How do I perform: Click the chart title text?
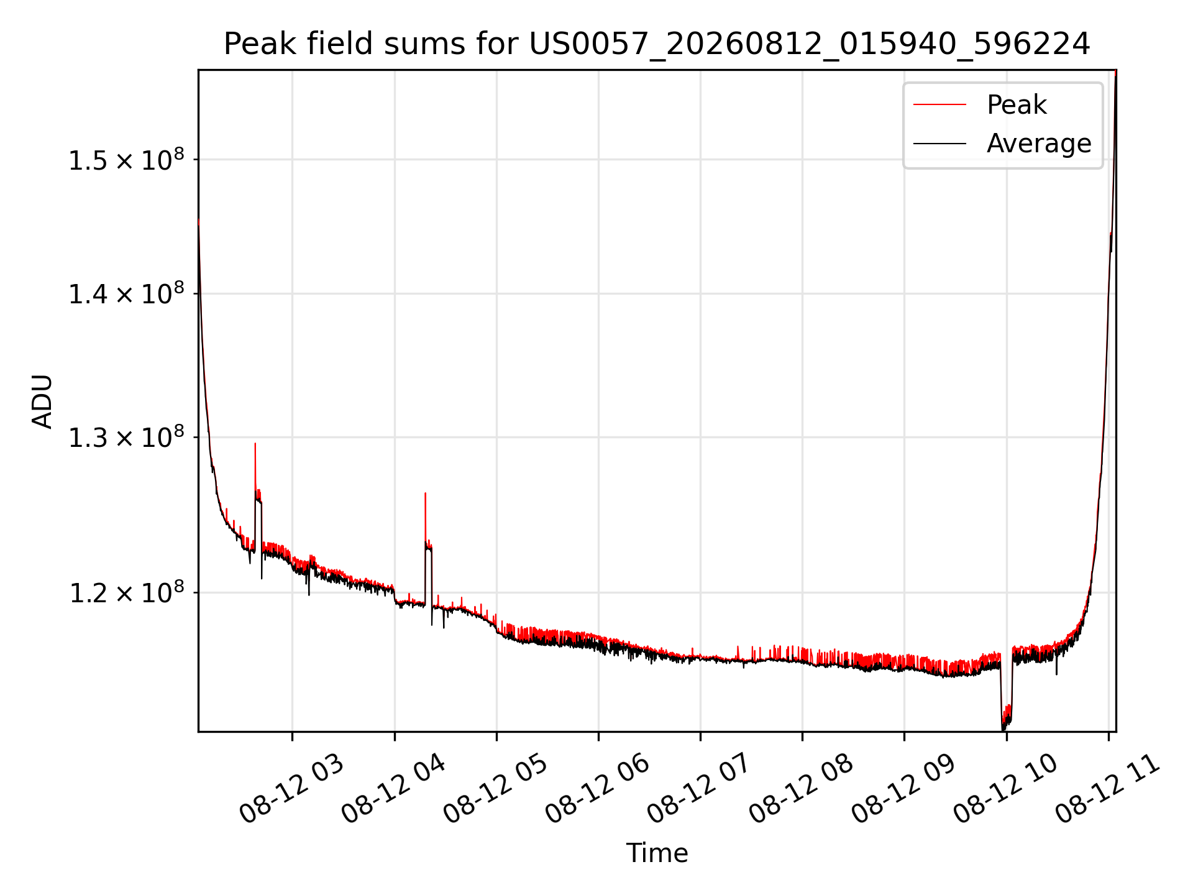[x=657, y=44]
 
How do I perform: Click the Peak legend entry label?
[x=1017, y=105]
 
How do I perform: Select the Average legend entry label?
[x=1039, y=144]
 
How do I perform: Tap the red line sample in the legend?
[x=939, y=105]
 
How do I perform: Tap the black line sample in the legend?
[x=939, y=144]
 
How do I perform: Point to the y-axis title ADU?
[x=43, y=401]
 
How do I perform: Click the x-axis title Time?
[x=657, y=853]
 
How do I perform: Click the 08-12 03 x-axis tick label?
[x=291, y=789]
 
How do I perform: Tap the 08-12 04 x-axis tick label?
[x=393, y=789]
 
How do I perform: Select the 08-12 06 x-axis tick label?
[x=597, y=789]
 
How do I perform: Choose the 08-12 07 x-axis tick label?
[x=699, y=789]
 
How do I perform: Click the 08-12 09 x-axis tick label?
[x=903, y=789]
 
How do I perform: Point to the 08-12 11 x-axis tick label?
[x=1107, y=789]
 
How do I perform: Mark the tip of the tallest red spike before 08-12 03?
[x=255, y=443]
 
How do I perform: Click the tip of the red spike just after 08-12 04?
[x=425, y=493]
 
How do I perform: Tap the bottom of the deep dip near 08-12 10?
[x=1003, y=730]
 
